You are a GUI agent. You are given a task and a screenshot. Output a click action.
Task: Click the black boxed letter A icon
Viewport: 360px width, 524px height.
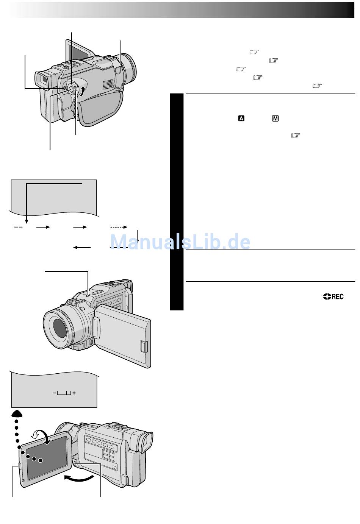(x=241, y=119)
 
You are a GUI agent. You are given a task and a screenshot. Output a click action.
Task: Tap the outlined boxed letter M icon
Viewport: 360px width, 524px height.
(x=275, y=119)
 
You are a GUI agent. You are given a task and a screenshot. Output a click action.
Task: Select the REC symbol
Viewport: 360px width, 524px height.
(x=333, y=296)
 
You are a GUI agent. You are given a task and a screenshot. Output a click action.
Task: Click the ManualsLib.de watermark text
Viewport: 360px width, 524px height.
(x=180, y=242)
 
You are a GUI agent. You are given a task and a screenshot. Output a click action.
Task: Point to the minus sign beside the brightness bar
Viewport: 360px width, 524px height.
(x=54, y=393)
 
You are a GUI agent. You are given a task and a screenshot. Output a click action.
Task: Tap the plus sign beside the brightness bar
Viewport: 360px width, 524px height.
(x=74, y=393)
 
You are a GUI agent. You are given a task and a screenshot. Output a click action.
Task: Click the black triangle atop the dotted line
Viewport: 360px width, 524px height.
(x=17, y=414)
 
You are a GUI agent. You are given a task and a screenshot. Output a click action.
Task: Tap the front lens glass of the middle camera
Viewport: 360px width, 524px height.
(x=60, y=328)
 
